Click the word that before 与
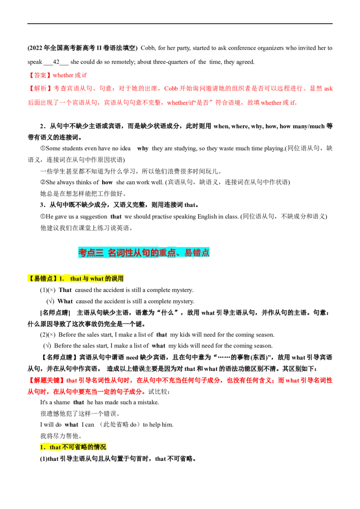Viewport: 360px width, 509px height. point(76,279)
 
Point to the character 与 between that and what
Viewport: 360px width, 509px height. point(85,279)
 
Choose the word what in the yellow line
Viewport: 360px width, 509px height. point(97,279)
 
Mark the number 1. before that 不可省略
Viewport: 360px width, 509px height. point(43,447)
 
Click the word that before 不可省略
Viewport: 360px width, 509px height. point(55,447)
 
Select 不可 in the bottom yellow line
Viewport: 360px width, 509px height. point(67,447)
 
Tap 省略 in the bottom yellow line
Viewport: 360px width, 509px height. point(80,447)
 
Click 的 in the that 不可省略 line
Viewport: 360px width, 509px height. point(90,447)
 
